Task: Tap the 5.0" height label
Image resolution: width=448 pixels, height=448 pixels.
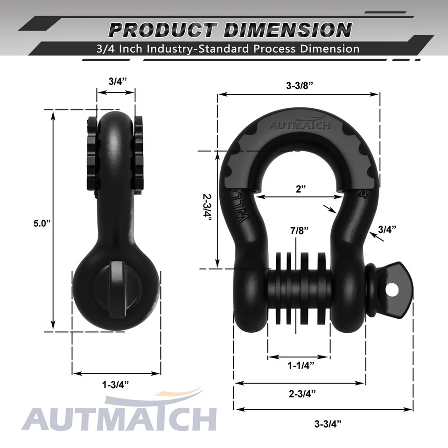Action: point(42,223)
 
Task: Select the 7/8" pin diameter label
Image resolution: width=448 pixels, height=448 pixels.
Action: point(299,230)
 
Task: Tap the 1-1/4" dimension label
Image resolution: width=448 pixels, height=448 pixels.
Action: point(299,364)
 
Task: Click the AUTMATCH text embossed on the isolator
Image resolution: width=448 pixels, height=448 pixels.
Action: point(299,125)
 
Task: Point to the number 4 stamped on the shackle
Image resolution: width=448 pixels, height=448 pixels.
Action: point(361,193)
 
